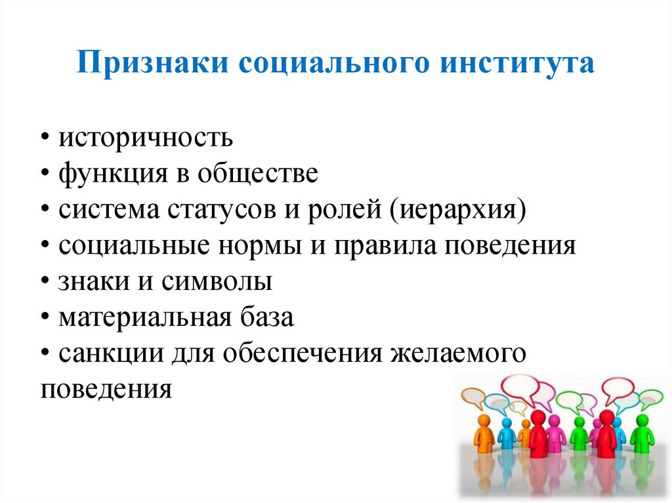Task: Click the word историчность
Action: pyautogui.click(x=145, y=138)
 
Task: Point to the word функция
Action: pyautogui.click(x=103, y=175)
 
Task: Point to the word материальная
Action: pyautogui.click(x=143, y=318)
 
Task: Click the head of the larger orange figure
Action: pyautogui.click(x=484, y=420)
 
